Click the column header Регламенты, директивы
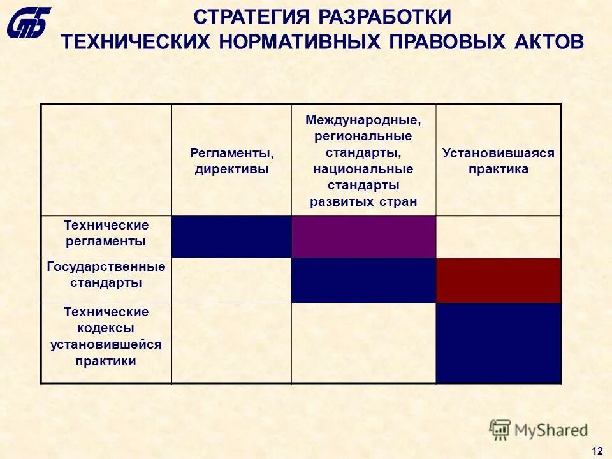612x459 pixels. click(231, 161)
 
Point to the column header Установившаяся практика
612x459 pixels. click(499, 161)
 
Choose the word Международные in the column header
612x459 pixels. click(363, 119)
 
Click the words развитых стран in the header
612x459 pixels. click(363, 202)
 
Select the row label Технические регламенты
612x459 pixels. click(106, 233)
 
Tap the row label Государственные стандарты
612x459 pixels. click(106, 274)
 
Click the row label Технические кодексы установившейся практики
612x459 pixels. click(106, 337)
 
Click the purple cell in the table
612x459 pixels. click(363, 237)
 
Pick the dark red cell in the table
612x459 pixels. click(499, 280)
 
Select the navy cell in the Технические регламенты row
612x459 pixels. click(231, 237)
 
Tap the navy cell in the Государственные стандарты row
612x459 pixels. click(363, 280)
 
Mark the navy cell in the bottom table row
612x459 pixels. click(499, 343)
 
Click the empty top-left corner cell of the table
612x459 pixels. click(106, 160)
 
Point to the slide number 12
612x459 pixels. click(597, 451)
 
